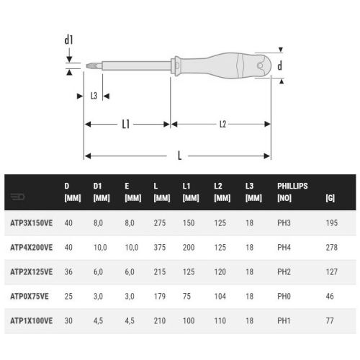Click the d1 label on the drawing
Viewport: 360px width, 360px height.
click(68, 40)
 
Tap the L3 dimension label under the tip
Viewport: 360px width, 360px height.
click(94, 96)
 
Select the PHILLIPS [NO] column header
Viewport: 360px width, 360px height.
click(292, 191)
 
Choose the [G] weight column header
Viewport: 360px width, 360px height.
click(330, 196)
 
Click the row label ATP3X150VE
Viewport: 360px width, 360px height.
click(32, 224)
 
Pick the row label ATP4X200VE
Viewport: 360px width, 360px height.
click(32, 247)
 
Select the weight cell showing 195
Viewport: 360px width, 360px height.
click(331, 224)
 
